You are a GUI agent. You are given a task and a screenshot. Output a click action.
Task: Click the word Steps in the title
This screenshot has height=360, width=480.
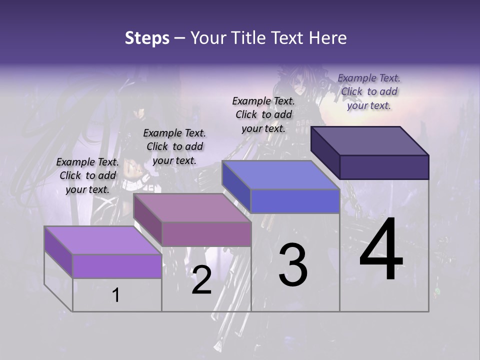[x=147, y=38]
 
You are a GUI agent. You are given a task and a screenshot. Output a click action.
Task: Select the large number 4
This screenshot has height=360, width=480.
[x=381, y=251]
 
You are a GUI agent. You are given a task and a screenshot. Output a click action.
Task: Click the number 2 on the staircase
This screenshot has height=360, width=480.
[x=201, y=280]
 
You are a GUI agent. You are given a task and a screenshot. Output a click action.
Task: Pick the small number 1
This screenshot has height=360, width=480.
[x=116, y=295]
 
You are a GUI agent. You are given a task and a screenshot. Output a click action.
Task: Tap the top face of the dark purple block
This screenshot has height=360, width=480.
[x=369, y=140]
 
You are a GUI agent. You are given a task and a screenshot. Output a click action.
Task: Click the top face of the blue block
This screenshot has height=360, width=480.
[x=280, y=175]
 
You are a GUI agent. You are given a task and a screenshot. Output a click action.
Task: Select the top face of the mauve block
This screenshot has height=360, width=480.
[x=192, y=208]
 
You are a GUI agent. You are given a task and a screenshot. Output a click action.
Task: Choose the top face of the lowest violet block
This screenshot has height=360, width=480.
[x=102, y=240]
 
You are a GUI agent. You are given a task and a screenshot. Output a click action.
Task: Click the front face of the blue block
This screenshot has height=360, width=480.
[x=295, y=201]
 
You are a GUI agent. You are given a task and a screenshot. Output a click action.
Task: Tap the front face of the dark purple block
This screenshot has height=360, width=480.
[x=384, y=167]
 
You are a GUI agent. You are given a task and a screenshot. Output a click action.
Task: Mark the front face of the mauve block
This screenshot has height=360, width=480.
[x=206, y=234]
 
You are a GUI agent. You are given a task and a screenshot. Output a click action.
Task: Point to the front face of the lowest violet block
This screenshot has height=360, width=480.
[x=117, y=266]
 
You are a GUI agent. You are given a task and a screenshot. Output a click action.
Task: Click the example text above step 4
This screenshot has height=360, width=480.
[x=369, y=91]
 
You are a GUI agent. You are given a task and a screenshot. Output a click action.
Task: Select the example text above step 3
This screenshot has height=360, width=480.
[x=263, y=114]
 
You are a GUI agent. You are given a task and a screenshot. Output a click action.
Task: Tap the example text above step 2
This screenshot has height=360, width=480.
[x=174, y=146]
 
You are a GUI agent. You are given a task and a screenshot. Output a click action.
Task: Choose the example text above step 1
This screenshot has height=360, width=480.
[x=87, y=175]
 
